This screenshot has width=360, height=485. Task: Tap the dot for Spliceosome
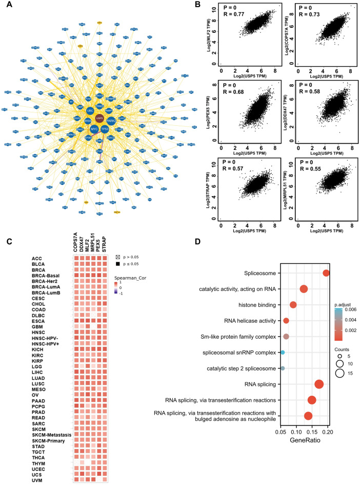pos(326,273)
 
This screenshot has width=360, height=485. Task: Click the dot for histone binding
pos(293,305)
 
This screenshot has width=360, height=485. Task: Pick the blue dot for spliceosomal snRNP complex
pos(283,353)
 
